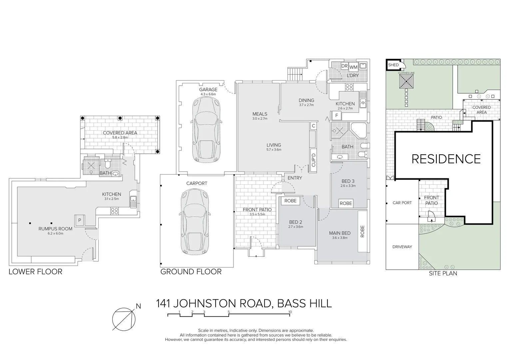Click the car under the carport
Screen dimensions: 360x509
pyautogui.click(x=195, y=221)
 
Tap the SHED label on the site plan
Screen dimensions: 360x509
pyautogui.click(x=393, y=65)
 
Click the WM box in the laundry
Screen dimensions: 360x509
pyautogui.click(x=353, y=67)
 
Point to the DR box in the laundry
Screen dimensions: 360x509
pyautogui.click(x=344, y=66)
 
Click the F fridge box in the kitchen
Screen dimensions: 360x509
pyautogui.click(x=336, y=116)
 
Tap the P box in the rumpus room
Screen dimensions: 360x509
pyautogui.click(x=79, y=220)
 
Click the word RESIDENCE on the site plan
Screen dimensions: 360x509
pyautogui.click(x=446, y=159)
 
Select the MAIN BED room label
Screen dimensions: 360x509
pyautogui.click(x=340, y=233)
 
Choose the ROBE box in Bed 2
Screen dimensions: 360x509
pyautogui.click(x=290, y=201)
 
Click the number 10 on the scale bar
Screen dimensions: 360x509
pyautogui.click(x=290, y=312)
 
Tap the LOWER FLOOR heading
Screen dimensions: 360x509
pyautogui.click(x=35, y=272)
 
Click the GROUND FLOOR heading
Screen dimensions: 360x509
pyautogui.click(x=191, y=272)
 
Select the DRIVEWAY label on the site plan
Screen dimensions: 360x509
pyautogui.click(x=402, y=247)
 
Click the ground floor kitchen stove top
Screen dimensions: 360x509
pyautogui.click(x=349, y=87)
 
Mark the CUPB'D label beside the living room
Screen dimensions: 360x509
pyautogui.click(x=313, y=160)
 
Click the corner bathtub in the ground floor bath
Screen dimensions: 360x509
pyautogui.click(x=358, y=130)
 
